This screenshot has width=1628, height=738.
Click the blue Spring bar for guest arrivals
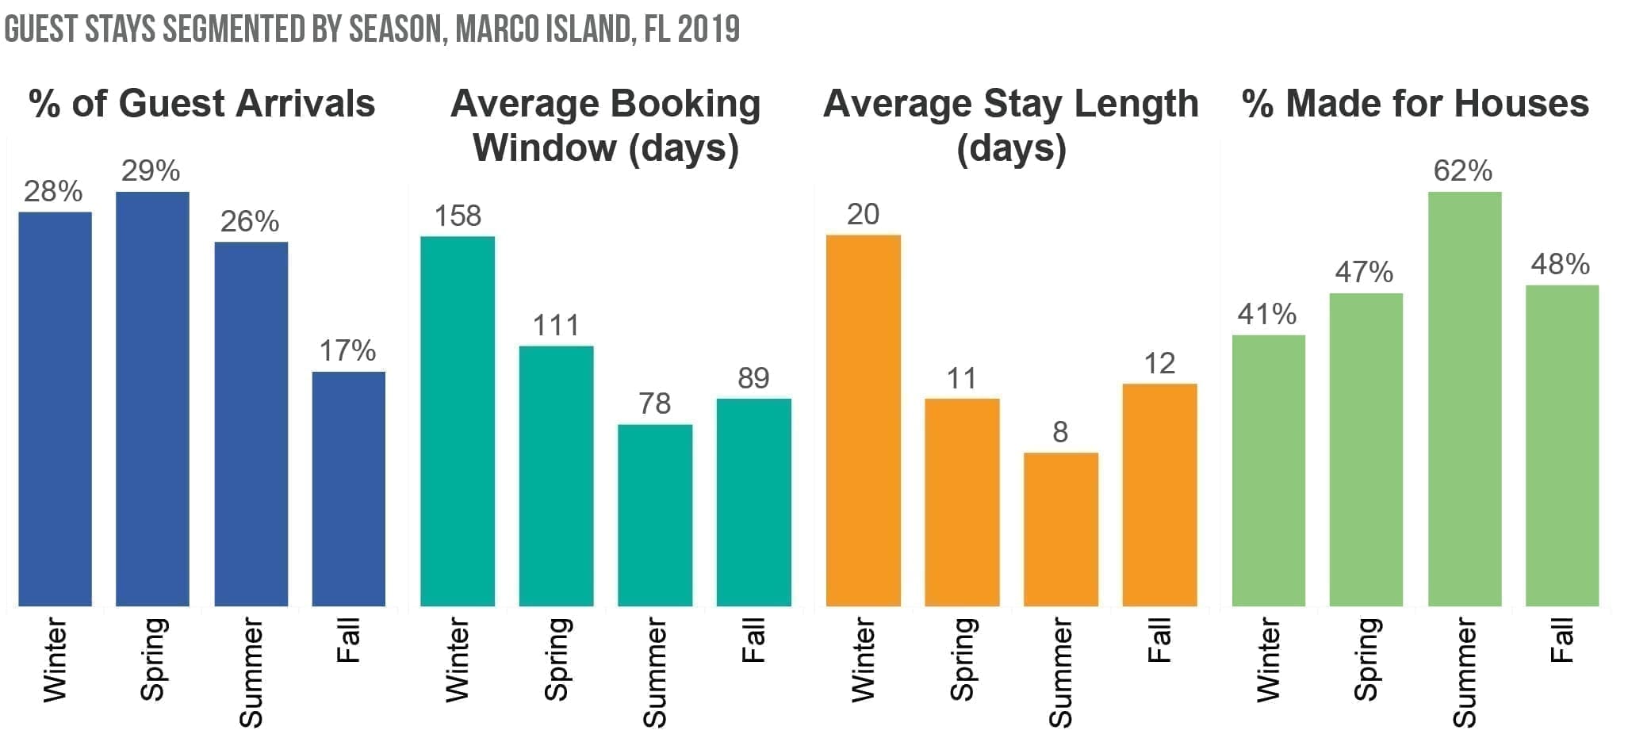[152, 399]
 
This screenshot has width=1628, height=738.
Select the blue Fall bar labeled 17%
[349, 488]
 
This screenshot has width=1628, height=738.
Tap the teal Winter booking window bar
[458, 421]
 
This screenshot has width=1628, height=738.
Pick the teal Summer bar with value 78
[655, 515]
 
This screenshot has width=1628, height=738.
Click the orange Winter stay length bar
[863, 420]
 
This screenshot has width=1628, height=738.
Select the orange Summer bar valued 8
[1061, 529]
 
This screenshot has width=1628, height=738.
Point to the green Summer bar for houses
[1465, 399]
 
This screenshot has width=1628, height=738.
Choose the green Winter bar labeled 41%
[1268, 470]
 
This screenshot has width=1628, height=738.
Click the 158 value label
[458, 216]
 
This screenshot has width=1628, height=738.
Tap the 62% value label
[1463, 170]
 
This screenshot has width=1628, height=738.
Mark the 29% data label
[151, 170]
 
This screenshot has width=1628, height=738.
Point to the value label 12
[1159, 363]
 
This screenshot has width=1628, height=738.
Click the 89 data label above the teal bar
[753, 378]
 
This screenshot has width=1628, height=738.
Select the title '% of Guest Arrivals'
[201, 104]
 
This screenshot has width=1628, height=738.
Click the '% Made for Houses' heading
[1415, 104]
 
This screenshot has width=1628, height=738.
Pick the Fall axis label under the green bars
[1561, 641]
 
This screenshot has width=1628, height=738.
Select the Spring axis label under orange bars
[962, 660]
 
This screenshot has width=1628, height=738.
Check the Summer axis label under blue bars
[251, 672]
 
